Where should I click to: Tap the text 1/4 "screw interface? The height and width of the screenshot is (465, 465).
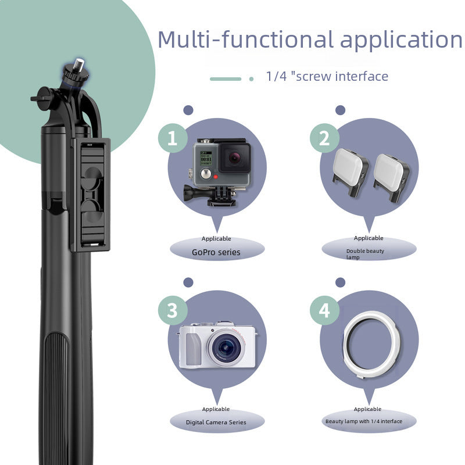327,76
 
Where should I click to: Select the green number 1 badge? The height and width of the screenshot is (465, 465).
172,138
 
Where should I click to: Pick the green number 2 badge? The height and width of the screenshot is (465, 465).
324,138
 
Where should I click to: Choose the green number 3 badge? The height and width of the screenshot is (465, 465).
172,310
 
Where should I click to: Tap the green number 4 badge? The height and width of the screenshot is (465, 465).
324,310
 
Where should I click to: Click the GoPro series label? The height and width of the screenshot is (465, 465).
216,252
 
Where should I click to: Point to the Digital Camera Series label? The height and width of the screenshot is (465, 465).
216,422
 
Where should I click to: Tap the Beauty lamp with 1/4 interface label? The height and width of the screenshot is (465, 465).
363,421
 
